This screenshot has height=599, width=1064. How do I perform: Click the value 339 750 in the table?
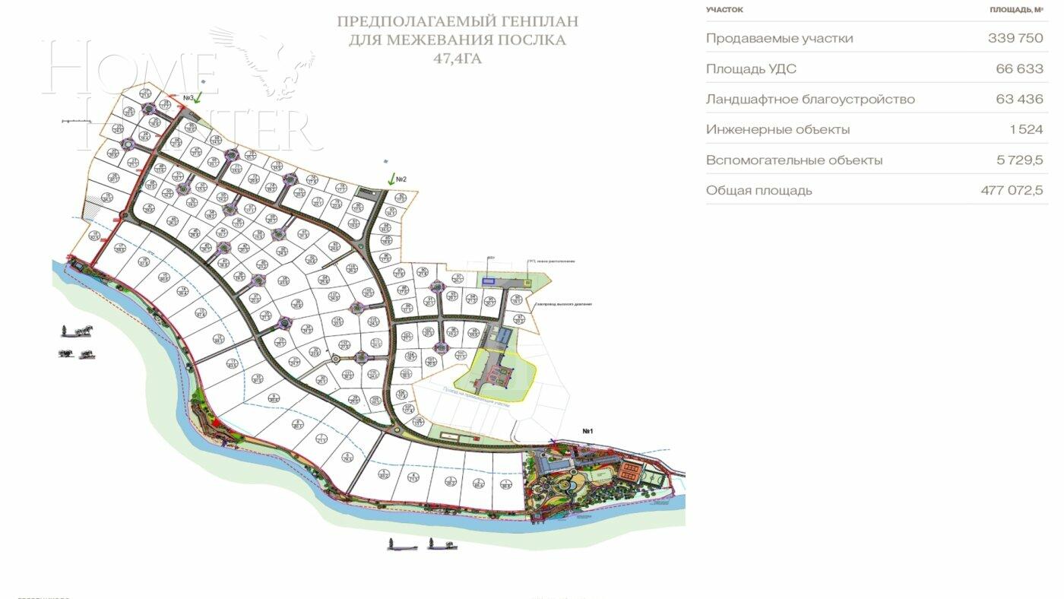pos(1015,38)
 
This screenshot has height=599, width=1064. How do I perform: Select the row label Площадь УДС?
pos(751,69)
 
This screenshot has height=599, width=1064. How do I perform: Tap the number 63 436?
pos(1019,100)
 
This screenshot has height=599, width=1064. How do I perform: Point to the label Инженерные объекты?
pos(777,130)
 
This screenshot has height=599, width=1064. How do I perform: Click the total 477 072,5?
pos(1012,191)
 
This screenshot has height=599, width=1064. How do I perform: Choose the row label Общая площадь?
pos(758,191)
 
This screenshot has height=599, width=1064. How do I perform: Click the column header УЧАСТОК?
pos(724,10)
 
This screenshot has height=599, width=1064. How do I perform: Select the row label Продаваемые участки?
pos(779,38)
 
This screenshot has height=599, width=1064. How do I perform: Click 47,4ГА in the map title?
pos(458,57)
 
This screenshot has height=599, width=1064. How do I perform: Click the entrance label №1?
pos(587,432)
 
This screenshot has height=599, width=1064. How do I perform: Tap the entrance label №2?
pos(401,179)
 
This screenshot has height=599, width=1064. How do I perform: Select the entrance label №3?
pos(188,97)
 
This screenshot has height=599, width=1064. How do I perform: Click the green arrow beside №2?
pos(391,179)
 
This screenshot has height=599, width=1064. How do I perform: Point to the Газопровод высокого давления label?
pos(562,304)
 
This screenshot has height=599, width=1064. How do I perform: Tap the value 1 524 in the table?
pos(1026,130)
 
